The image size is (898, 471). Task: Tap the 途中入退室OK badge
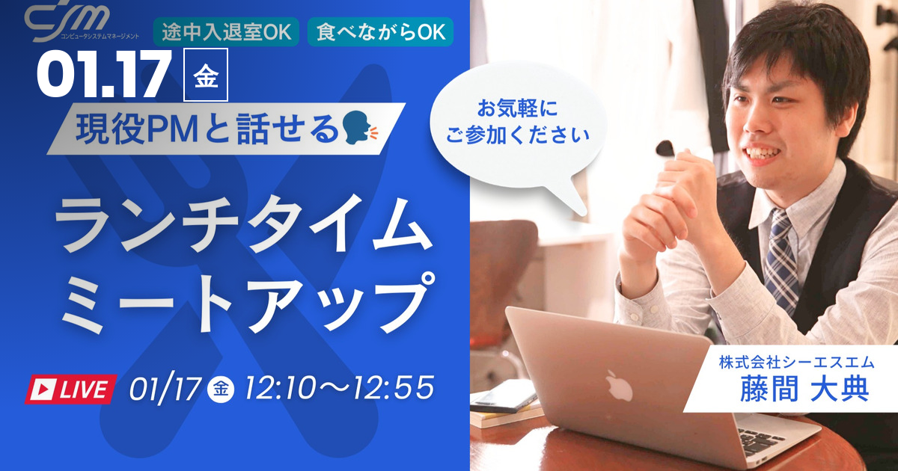[226, 32]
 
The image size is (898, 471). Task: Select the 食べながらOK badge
[380, 32]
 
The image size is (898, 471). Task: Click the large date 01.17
[105, 76]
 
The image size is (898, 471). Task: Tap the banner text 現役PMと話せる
[213, 131]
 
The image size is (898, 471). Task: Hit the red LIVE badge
[70, 389]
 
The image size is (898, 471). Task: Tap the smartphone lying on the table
[502, 401]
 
